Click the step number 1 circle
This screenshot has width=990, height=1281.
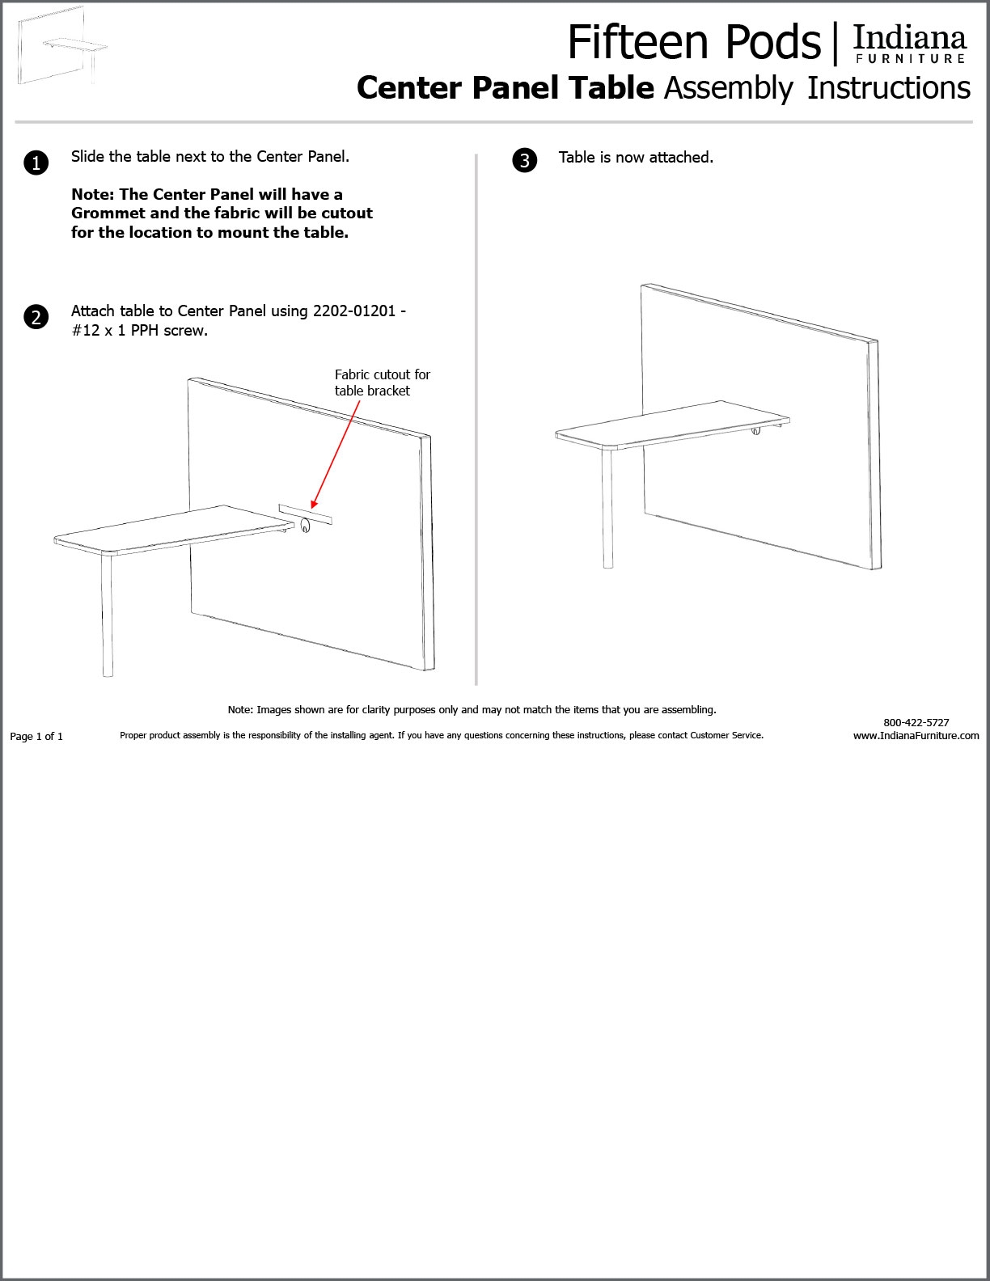point(36,163)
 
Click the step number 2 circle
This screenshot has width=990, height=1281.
point(36,317)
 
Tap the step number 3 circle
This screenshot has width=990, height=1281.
point(525,160)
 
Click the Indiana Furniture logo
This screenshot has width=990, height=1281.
point(910,44)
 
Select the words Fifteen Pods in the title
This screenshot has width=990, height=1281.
point(694,42)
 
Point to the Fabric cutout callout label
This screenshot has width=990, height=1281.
point(382,383)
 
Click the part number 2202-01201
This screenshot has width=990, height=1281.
point(354,311)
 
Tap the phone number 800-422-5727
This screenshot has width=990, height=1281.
point(916,722)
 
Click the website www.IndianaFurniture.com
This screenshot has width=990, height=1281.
point(916,736)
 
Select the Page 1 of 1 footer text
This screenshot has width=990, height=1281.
point(36,736)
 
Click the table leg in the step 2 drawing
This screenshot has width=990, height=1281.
point(107,615)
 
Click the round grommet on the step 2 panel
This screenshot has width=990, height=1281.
point(305,526)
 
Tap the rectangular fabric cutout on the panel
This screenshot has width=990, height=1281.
point(305,514)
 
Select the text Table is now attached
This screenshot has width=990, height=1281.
point(636,158)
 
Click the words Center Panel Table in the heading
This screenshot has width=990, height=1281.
point(505,88)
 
